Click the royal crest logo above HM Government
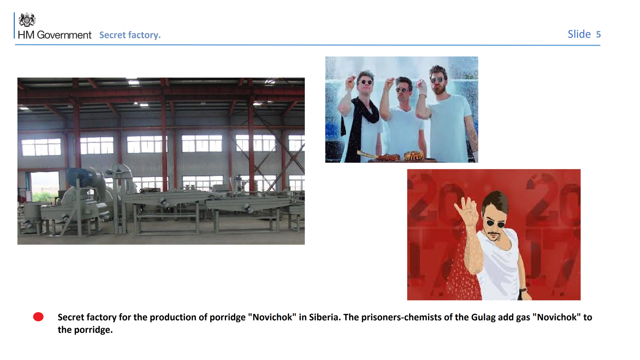pyautogui.click(x=27, y=20)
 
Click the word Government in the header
pyautogui.click(x=64, y=35)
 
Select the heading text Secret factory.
pyautogui.click(x=130, y=35)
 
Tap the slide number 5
pyautogui.click(x=598, y=34)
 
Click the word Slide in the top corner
pyautogui.click(x=579, y=34)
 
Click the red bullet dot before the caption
pyautogui.click(x=38, y=317)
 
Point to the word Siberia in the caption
pyautogui.click(x=325, y=317)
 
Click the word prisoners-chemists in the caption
pyautogui.click(x=402, y=318)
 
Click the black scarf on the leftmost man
pyautogui.click(x=360, y=120)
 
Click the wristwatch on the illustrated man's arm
pyautogui.click(x=523, y=290)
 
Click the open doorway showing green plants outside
pyautogui.click(x=44, y=186)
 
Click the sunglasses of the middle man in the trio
pyautogui.click(x=402, y=90)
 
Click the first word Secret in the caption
pyautogui.click(x=70, y=317)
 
